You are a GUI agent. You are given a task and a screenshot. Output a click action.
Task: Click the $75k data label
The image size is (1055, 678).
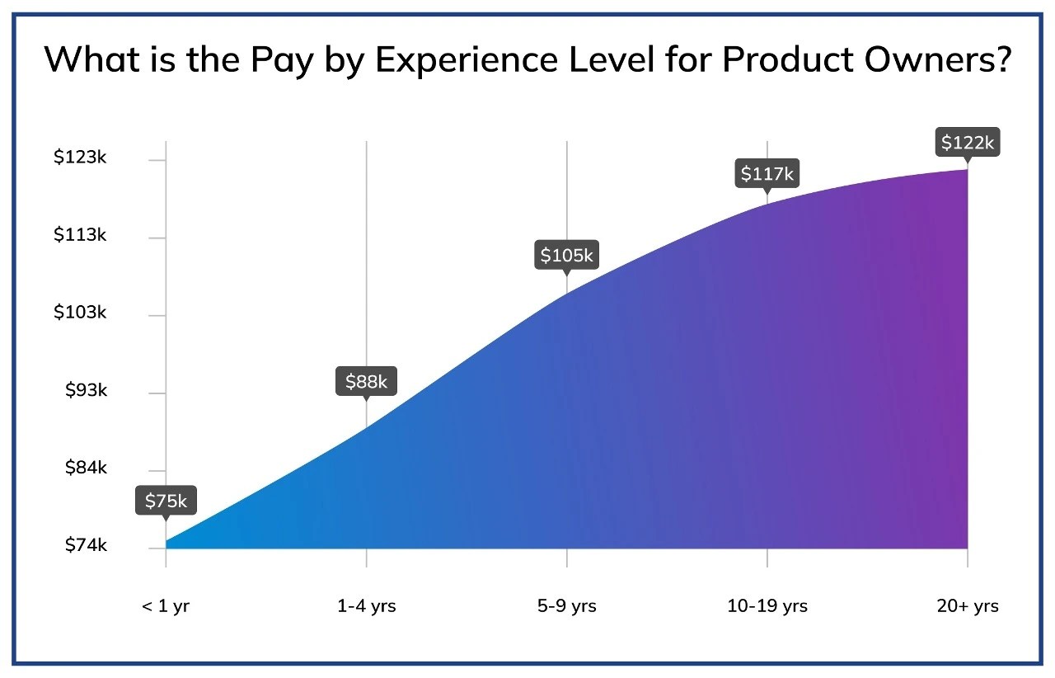(x=166, y=501)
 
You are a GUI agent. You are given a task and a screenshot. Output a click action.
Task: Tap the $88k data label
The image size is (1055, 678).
(x=366, y=381)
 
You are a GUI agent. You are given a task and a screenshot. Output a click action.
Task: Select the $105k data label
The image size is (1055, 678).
(x=566, y=255)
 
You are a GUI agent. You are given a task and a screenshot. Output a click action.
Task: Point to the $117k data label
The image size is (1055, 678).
(x=767, y=174)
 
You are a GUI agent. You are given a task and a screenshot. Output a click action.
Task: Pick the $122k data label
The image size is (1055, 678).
(x=968, y=143)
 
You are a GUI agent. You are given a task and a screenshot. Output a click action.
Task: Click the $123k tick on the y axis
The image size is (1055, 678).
(x=80, y=157)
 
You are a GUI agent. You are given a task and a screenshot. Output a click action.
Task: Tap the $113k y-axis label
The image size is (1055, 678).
(x=80, y=235)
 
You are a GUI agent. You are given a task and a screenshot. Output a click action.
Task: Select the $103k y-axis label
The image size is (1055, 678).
(x=80, y=313)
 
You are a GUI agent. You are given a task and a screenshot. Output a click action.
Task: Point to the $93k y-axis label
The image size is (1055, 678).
(x=86, y=390)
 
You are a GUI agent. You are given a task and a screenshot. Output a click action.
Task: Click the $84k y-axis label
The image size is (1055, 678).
(x=86, y=468)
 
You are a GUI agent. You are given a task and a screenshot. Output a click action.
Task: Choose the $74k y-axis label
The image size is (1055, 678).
(x=86, y=545)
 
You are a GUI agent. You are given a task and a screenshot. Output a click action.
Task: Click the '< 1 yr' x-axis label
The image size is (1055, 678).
(x=166, y=606)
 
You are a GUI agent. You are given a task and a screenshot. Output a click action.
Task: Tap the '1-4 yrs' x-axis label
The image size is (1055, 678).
(x=366, y=606)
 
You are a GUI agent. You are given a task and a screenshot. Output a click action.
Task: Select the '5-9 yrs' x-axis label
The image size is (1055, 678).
(x=566, y=606)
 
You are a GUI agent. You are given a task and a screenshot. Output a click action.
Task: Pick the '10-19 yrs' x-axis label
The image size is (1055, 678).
(x=767, y=606)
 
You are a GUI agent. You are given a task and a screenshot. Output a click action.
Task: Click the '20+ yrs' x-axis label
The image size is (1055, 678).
(x=968, y=606)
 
